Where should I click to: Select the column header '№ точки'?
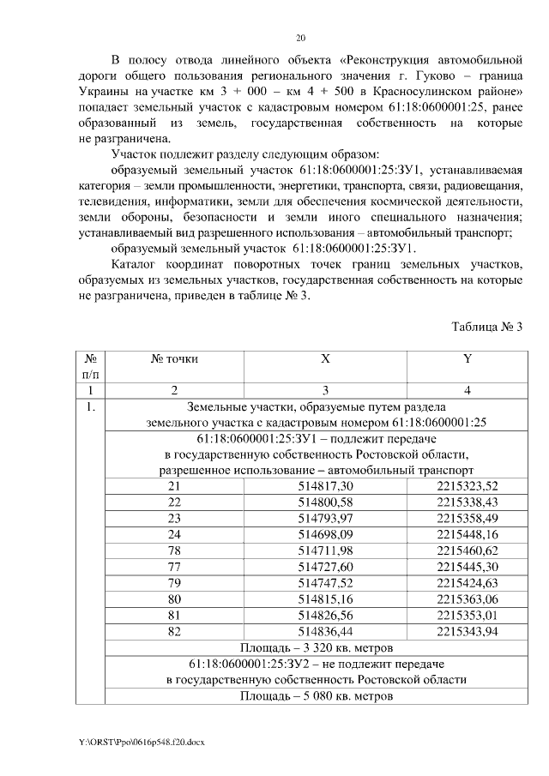click(x=174, y=359)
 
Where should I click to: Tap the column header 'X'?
click(x=325, y=359)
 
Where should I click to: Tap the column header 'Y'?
click(x=468, y=359)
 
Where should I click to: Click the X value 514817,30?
click(x=325, y=486)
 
